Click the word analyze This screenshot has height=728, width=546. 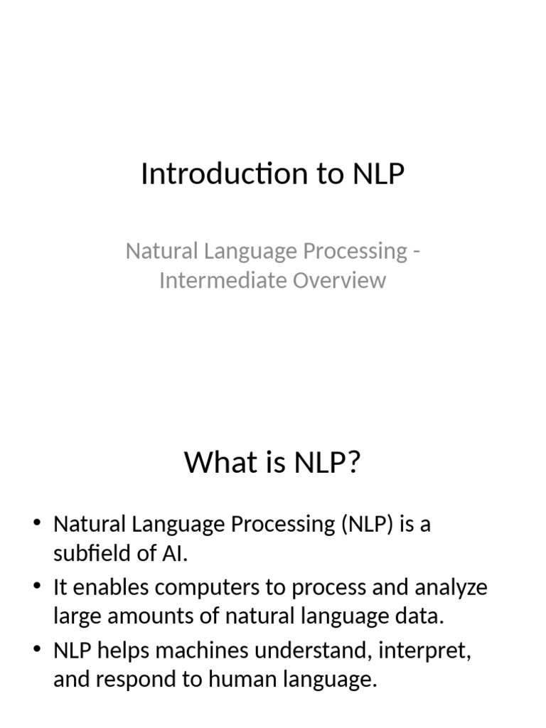pyautogui.click(x=449, y=588)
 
